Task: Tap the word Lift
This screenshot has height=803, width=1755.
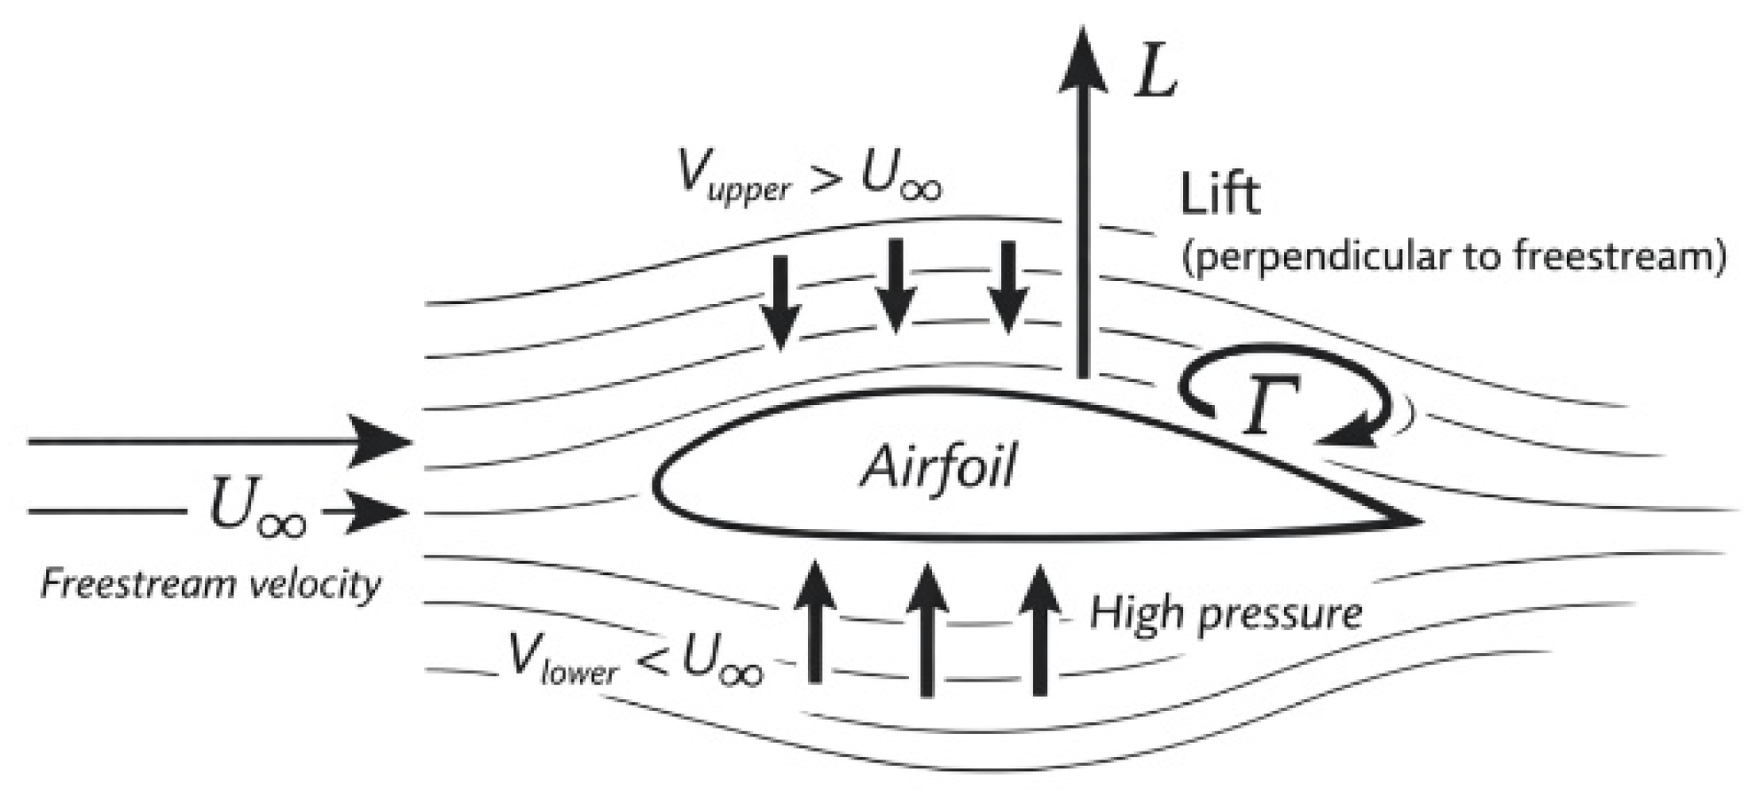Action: click(x=1219, y=195)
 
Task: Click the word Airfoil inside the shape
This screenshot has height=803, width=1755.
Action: click(x=938, y=466)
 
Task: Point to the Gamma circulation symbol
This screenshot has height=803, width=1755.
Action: click(x=1270, y=404)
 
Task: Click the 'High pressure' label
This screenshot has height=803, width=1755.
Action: click(x=1226, y=613)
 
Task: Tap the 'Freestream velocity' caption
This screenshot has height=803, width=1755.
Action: click(x=211, y=585)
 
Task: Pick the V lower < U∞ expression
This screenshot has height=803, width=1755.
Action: click(x=636, y=659)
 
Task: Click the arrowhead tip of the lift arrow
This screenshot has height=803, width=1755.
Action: click(x=1083, y=27)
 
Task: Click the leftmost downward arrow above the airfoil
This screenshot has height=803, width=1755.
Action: click(x=780, y=302)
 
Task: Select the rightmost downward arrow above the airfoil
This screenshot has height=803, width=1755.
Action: click(x=1007, y=286)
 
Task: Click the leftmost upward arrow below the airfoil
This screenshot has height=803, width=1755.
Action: click(x=814, y=621)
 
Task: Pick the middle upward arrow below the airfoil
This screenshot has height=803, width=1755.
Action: click(x=926, y=628)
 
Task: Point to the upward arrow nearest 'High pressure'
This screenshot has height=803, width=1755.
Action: click(x=1039, y=628)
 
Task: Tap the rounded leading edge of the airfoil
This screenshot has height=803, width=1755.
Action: click(x=657, y=483)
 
